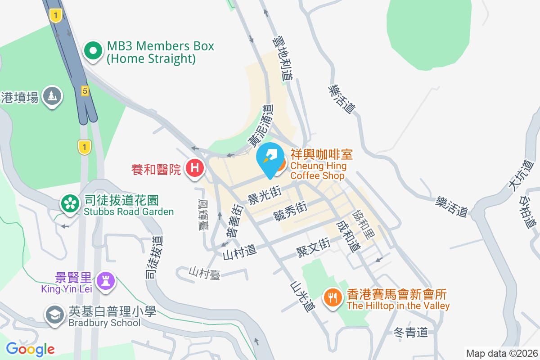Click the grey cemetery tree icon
coord(52,96)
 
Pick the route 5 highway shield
coord(85,91)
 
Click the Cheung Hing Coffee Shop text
coord(318,171)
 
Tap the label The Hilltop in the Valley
coord(398,306)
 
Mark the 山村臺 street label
coord(204,273)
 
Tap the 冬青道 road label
coord(410,333)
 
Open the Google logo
coord(30,349)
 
